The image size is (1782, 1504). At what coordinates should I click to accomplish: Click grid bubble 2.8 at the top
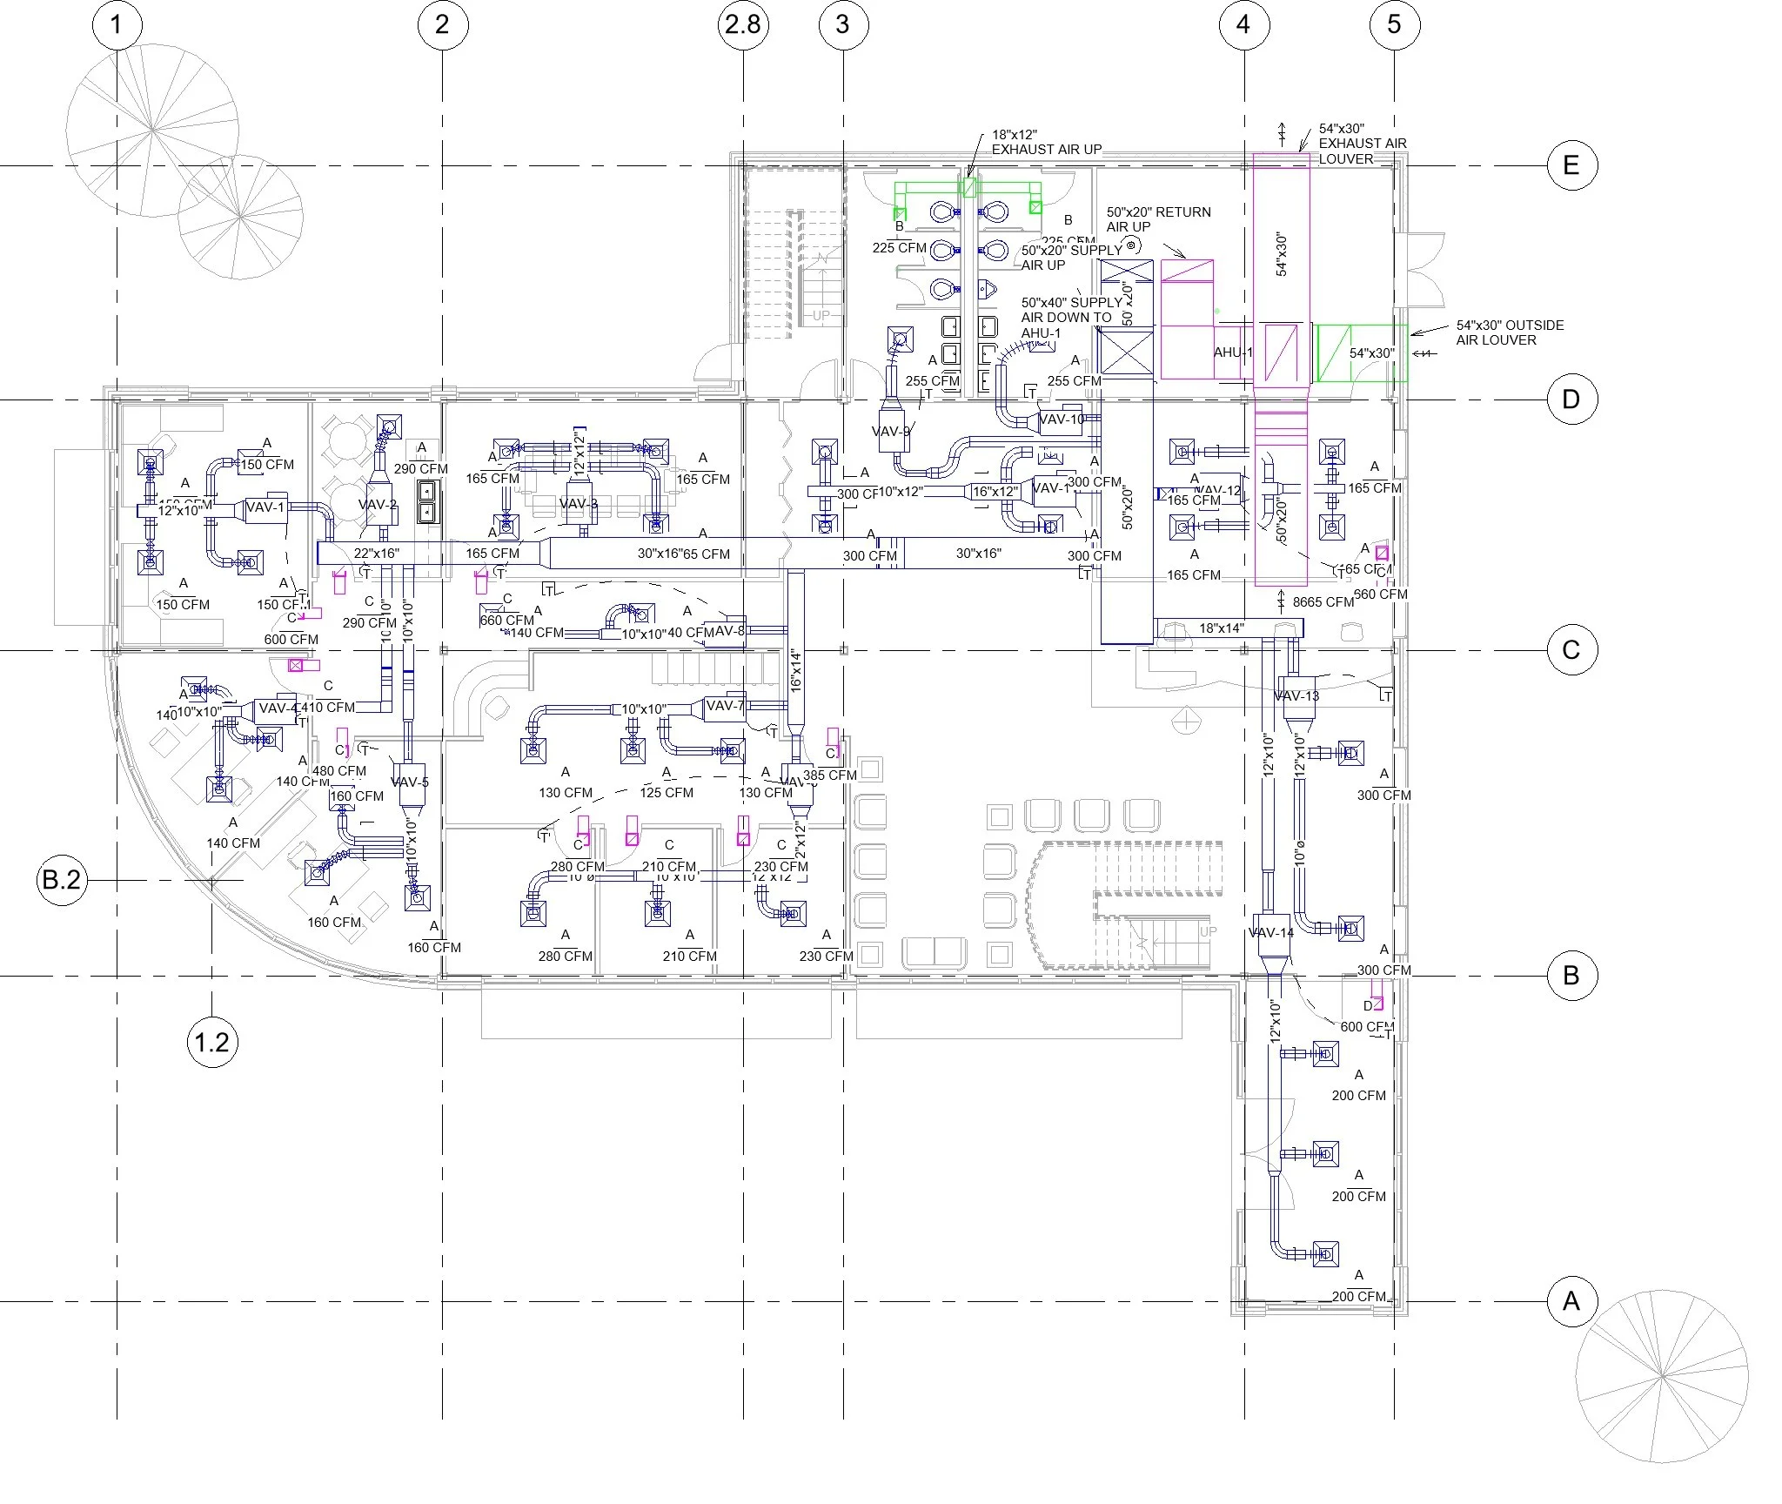[x=743, y=23]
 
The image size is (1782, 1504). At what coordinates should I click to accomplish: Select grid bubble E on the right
[x=1571, y=164]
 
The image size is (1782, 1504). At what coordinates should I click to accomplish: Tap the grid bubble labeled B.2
[x=62, y=880]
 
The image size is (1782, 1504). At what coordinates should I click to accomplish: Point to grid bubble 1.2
[x=212, y=1042]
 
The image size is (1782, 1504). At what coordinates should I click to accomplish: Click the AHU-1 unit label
[x=1233, y=352]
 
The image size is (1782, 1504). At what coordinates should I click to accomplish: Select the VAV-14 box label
[x=1270, y=932]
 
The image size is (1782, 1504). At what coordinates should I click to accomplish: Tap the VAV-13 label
[x=1296, y=695]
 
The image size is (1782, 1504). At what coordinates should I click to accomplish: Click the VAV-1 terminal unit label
[x=265, y=507]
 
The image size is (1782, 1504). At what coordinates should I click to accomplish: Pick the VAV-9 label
[x=891, y=432]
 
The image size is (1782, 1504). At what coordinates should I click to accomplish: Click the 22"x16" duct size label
[x=376, y=553]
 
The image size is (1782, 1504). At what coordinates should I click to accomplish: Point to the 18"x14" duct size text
[x=1222, y=628]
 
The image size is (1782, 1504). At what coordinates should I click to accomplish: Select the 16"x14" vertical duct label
[x=795, y=670]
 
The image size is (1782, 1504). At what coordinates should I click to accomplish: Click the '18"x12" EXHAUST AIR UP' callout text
[x=1046, y=143]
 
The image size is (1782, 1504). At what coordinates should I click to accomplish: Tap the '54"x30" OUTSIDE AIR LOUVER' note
[x=1510, y=332]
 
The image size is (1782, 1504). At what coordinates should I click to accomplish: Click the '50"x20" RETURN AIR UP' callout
[x=1158, y=218]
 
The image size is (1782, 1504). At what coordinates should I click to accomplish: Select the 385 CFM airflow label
[x=829, y=775]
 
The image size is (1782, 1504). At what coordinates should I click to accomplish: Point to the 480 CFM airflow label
[x=339, y=770]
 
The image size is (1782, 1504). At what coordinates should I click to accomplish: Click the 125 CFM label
[x=667, y=792]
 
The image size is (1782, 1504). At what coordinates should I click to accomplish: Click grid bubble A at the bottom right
[x=1571, y=1301]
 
